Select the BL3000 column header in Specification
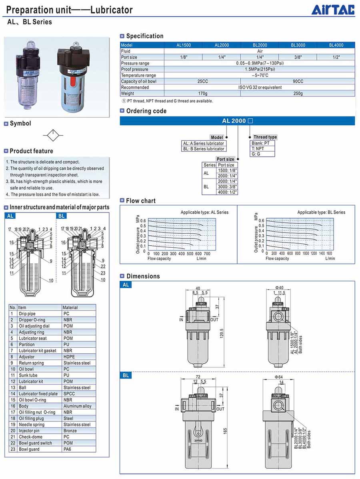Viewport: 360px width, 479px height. [x=298, y=45]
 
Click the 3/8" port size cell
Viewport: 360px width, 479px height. [x=298, y=57]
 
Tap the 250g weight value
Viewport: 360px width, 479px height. [x=298, y=93]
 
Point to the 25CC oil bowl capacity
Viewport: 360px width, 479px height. [x=202, y=81]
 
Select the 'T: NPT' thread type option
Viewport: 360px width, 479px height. [x=258, y=148]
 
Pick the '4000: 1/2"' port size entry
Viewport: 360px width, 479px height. [x=227, y=192]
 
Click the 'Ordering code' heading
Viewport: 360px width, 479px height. [x=146, y=111]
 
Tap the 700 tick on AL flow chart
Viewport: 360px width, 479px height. [x=207, y=254]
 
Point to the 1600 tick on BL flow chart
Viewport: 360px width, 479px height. [x=329, y=254]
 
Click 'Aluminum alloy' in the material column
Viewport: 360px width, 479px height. [x=77, y=406]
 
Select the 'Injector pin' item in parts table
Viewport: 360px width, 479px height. [x=29, y=431]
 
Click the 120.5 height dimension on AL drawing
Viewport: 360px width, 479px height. [x=221, y=333]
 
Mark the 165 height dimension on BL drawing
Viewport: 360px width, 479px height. [x=225, y=431]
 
